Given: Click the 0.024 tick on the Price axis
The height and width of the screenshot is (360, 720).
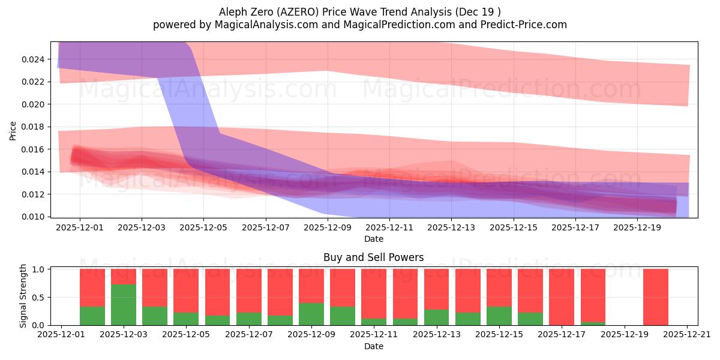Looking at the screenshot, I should point(34,59).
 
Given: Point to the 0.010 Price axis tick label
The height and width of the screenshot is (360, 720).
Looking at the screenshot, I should point(34,217).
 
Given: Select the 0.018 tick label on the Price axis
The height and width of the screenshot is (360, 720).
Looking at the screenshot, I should point(34,127).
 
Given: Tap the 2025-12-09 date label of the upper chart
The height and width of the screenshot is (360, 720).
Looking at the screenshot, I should point(327,228).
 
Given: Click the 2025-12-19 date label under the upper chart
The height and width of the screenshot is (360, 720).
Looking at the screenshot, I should point(638,228).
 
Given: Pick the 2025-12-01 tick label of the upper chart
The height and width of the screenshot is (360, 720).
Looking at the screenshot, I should point(80,228).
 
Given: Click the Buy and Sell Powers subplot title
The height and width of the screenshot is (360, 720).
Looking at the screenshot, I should point(373,257).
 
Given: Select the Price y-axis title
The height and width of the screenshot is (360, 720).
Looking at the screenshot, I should point(13,130).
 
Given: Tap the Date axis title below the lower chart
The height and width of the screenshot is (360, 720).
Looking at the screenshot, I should point(373,346).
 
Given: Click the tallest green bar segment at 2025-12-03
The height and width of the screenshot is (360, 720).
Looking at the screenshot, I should point(124,305).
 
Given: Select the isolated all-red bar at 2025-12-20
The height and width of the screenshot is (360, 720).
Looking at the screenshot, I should point(655,297).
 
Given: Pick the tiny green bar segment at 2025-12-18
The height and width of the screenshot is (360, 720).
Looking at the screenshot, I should point(593,323).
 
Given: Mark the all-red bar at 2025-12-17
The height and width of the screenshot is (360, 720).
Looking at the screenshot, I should point(562,297).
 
